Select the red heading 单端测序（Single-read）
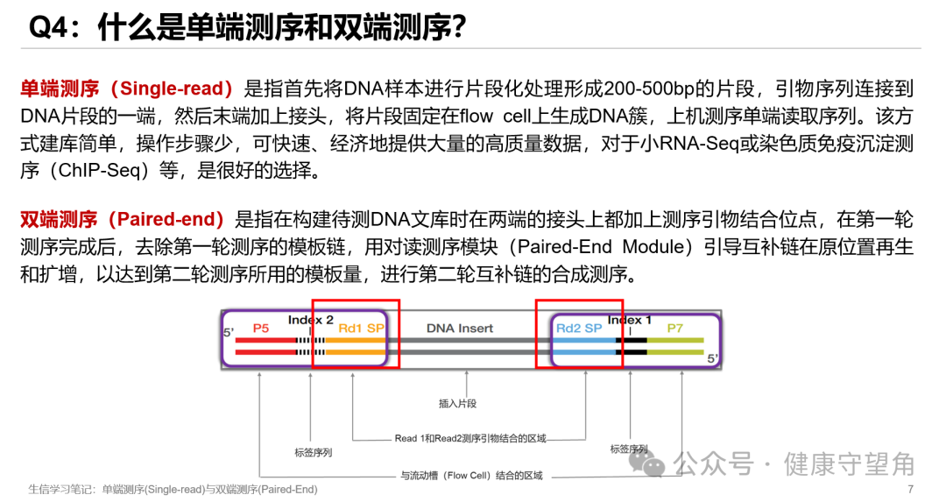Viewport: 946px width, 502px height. (128, 88)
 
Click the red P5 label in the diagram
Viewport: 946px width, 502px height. (261, 328)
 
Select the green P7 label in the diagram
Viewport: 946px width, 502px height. (674, 329)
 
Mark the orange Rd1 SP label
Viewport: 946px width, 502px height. (361, 329)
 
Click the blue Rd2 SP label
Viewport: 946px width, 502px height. (579, 329)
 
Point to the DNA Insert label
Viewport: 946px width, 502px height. (460, 329)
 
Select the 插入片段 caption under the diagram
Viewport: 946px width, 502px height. (457, 404)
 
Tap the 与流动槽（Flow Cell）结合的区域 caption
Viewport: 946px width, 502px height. (471, 476)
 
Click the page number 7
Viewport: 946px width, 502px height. (911, 489)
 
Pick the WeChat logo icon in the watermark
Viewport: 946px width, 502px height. (654, 462)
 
